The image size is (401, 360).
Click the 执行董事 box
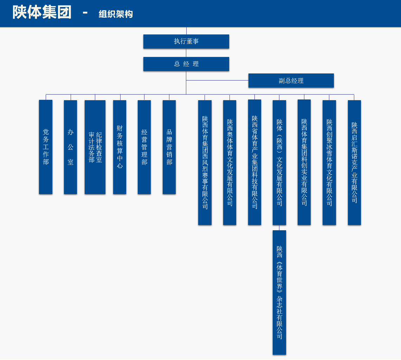tap(186, 41)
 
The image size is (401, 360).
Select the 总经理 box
tap(186, 64)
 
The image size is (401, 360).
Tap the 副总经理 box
tap(291, 81)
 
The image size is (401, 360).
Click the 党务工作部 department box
tap(46, 147)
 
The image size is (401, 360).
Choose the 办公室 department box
tap(71, 147)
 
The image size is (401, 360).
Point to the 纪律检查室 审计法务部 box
tap(95, 147)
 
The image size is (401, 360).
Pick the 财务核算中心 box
tap(120, 147)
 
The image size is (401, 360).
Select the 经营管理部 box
tap(144, 147)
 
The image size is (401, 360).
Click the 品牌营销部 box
tap(169, 147)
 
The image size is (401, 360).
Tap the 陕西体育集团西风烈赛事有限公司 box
tap(205, 162)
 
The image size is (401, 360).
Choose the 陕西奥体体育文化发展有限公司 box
tap(229, 162)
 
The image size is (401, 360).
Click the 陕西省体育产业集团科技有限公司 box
tap(255, 162)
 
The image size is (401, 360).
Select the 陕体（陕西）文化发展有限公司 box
tap(279, 162)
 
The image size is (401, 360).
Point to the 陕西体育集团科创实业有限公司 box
tap(304, 162)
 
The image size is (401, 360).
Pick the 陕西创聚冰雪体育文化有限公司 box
tap(329, 162)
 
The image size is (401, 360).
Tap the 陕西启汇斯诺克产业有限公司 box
tap(355, 162)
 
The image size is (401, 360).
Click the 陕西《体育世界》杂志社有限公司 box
tap(279, 292)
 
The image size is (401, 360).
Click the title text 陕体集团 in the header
tap(42, 12)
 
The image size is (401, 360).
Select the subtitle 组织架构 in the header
tap(116, 14)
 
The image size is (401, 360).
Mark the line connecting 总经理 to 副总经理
tap(218, 81)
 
